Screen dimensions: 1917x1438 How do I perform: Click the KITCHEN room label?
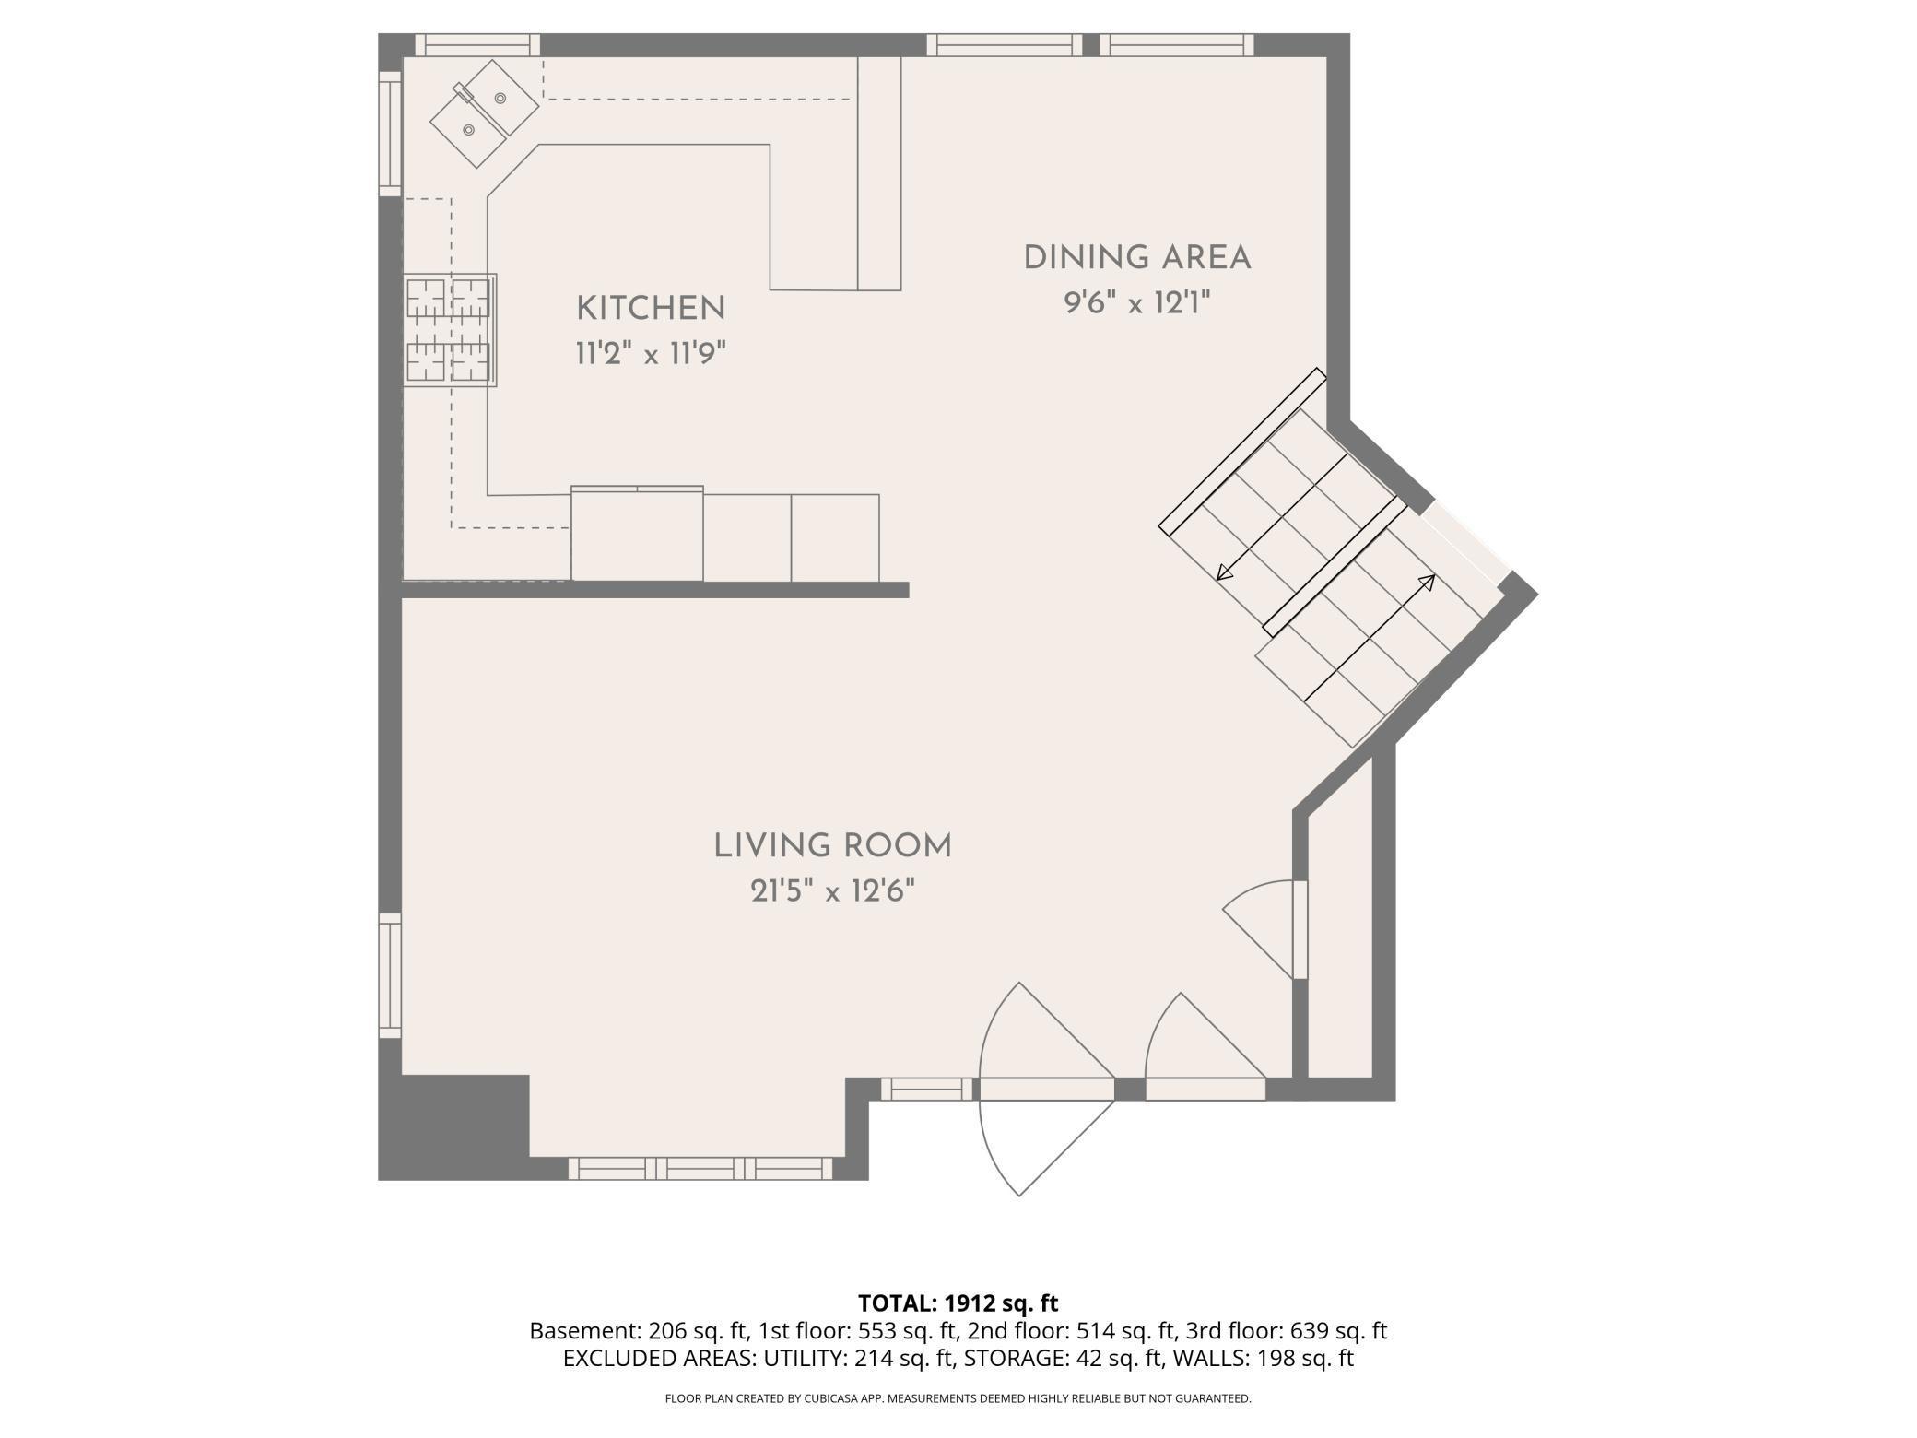coord(651,309)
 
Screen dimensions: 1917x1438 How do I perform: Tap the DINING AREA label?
coord(1137,258)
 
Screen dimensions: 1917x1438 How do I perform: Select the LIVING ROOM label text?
coord(832,846)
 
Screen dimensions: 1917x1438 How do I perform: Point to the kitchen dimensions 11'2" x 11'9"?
coord(651,353)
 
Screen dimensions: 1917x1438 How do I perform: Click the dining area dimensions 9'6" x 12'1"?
coord(1136,302)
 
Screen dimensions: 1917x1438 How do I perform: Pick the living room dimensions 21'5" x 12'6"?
coord(832,891)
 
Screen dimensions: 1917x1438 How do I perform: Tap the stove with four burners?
coord(451,330)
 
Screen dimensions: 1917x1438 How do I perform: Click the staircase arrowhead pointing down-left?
coord(1224,572)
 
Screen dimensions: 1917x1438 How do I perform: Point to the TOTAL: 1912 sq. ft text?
coord(958,1303)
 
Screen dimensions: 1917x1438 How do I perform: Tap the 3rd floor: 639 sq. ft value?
coord(1287,1331)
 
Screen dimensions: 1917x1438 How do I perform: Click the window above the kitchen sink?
coord(477,45)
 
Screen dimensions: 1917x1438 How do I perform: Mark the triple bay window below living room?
coord(700,1168)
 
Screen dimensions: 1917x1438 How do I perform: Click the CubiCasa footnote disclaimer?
coord(958,1398)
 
